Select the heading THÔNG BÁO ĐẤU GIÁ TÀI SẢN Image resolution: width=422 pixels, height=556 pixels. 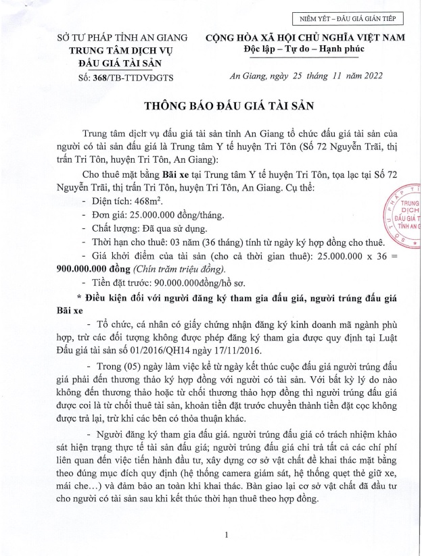(229, 106)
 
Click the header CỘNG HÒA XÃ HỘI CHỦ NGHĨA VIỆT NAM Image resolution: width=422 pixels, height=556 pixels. (306, 38)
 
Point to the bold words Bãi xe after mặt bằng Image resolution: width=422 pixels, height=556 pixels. (175, 175)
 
